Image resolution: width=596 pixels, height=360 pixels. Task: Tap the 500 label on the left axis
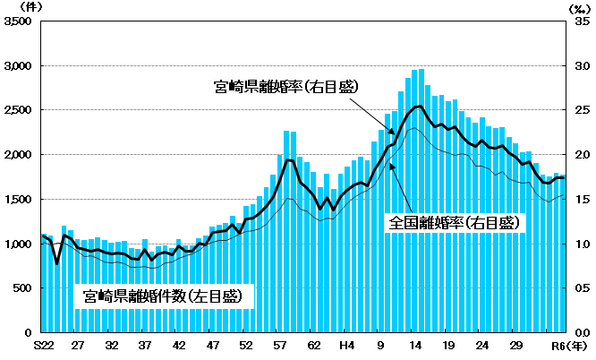(x=24, y=287)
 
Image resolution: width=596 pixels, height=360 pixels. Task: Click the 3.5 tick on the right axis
(x=582, y=22)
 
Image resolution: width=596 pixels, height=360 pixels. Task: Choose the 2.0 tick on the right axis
(x=582, y=155)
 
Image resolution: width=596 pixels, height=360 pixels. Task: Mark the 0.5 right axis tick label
(x=582, y=287)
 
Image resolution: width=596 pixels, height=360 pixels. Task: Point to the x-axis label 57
(x=280, y=346)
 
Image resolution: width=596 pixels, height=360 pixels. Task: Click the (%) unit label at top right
(x=581, y=7)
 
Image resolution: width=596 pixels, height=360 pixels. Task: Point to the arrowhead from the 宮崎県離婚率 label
(x=392, y=133)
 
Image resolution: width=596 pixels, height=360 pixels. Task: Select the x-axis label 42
(x=179, y=346)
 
